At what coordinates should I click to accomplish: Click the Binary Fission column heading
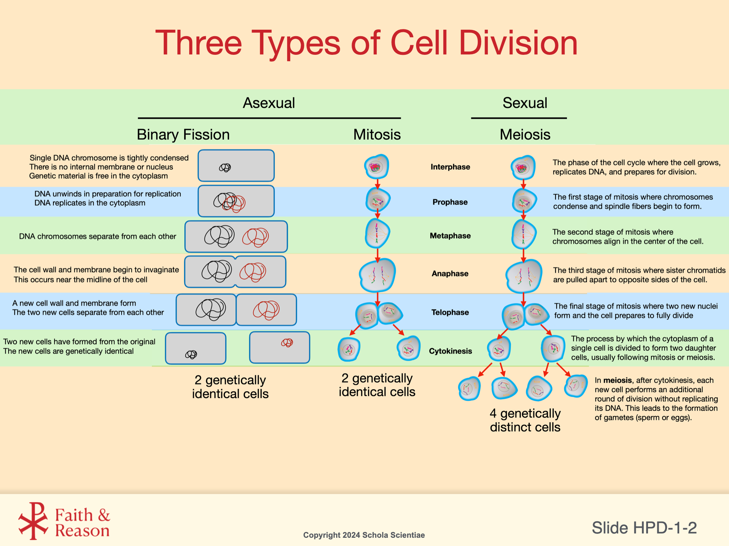click(183, 135)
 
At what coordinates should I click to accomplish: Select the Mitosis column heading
click(377, 135)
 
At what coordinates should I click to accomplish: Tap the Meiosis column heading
click(525, 135)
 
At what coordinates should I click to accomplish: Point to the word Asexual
click(269, 103)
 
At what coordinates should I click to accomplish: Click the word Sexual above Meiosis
click(525, 103)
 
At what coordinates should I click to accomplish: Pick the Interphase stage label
click(450, 167)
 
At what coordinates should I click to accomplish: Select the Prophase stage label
click(450, 202)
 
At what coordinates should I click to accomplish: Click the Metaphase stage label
click(450, 236)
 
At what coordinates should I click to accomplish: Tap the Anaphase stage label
click(450, 274)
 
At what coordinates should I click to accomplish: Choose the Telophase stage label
click(450, 312)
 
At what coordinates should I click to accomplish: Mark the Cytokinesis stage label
click(450, 351)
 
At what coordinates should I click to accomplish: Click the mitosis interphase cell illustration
click(376, 167)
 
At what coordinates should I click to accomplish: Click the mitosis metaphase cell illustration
click(377, 234)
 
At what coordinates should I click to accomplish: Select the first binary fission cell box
click(236, 166)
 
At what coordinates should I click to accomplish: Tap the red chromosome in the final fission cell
click(287, 343)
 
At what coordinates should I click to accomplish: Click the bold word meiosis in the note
click(617, 380)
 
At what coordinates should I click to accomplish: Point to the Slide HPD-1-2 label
click(644, 528)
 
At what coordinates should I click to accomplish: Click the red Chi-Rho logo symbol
click(33, 521)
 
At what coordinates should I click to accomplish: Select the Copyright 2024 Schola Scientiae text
click(364, 535)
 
